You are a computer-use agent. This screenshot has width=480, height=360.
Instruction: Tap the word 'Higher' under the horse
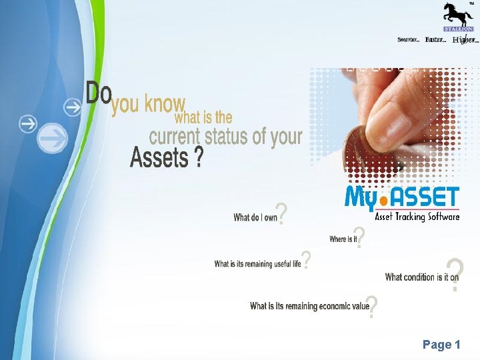point(465,40)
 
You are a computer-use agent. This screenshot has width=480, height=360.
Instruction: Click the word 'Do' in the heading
point(99,93)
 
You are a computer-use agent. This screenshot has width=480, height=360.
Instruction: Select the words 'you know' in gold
point(148,105)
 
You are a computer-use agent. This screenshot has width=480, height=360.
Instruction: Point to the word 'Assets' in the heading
point(159,158)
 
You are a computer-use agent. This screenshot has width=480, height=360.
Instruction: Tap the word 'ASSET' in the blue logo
point(426,197)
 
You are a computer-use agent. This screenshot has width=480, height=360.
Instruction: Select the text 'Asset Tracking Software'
point(417,217)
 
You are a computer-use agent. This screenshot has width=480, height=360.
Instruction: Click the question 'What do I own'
point(255,217)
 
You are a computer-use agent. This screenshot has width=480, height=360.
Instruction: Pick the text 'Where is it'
point(343,239)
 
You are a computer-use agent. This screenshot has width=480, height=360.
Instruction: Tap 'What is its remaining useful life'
point(257,264)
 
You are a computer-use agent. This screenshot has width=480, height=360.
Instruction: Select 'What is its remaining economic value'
point(309,306)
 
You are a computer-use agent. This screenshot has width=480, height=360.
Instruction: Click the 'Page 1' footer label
point(441,345)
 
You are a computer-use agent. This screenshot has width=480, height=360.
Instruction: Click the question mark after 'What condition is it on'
point(454,275)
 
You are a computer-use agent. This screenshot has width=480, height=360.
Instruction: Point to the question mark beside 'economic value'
point(373,307)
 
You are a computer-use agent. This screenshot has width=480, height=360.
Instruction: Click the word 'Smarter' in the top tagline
point(408,40)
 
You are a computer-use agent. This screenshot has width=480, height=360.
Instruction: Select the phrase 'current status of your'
point(225,137)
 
